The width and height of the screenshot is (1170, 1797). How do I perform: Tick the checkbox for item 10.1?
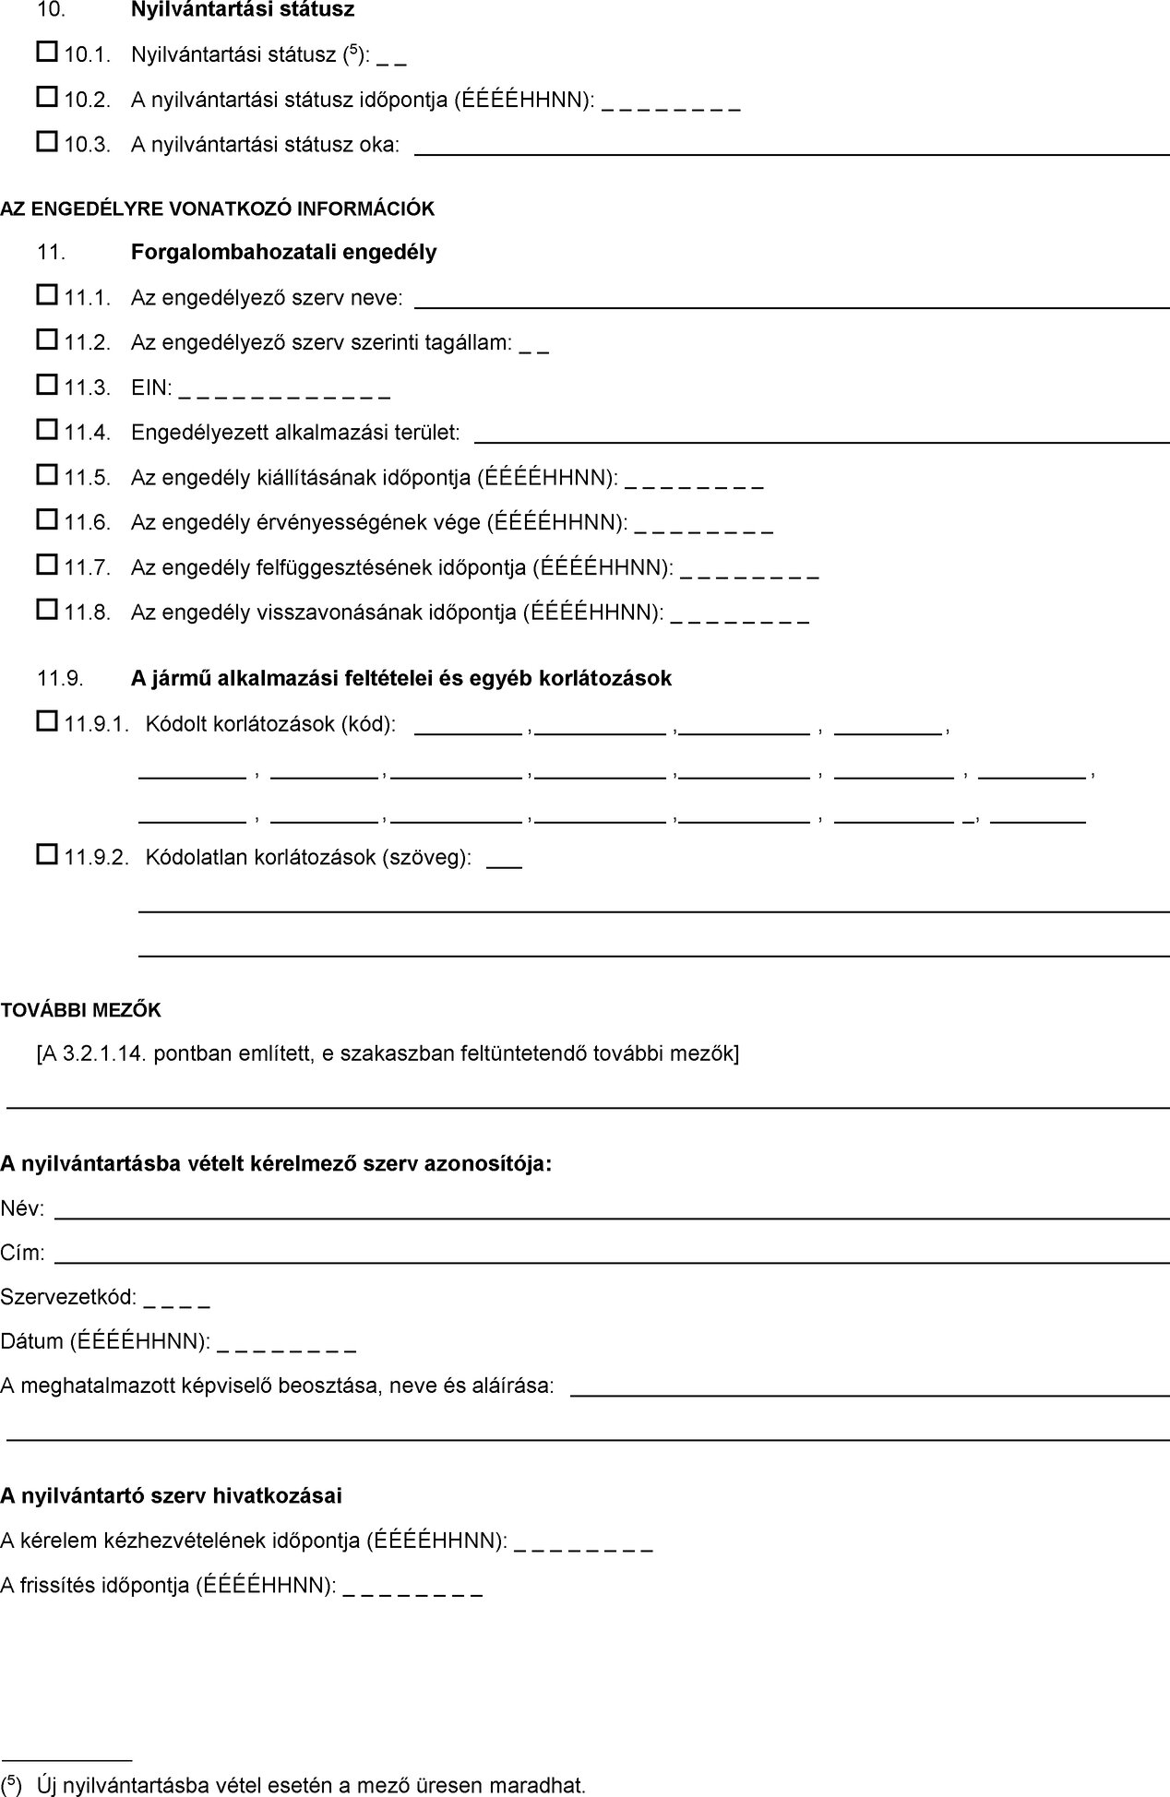click(x=47, y=52)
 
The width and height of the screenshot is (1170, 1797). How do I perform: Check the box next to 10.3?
click(x=47, y=141)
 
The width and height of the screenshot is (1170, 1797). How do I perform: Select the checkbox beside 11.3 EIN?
click(x=47, y=385)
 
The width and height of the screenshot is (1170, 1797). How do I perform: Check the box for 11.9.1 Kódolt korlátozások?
click(x=47, y=722)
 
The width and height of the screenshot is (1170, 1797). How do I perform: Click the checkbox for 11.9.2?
click(x=47, y=855)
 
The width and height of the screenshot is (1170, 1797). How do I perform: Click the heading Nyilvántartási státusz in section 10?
click(x=243, y=10)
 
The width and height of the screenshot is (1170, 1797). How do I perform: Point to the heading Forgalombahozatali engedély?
click(x=283, y=252)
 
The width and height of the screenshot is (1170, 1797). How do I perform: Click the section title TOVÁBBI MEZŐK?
click(x=80, y=1010)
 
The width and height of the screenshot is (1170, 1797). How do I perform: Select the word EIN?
click(x=150, y=387)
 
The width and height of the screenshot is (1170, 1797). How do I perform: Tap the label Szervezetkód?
click(x=68, y=1297)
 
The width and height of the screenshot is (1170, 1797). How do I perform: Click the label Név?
click(x=22, y=1208)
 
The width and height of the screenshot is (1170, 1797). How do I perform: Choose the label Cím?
click(x=22, y=1253)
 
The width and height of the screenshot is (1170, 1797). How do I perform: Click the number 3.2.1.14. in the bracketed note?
click(x=105, y=1053)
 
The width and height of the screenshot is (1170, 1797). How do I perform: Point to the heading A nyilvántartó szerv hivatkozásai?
click(x=171, y=1495)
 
